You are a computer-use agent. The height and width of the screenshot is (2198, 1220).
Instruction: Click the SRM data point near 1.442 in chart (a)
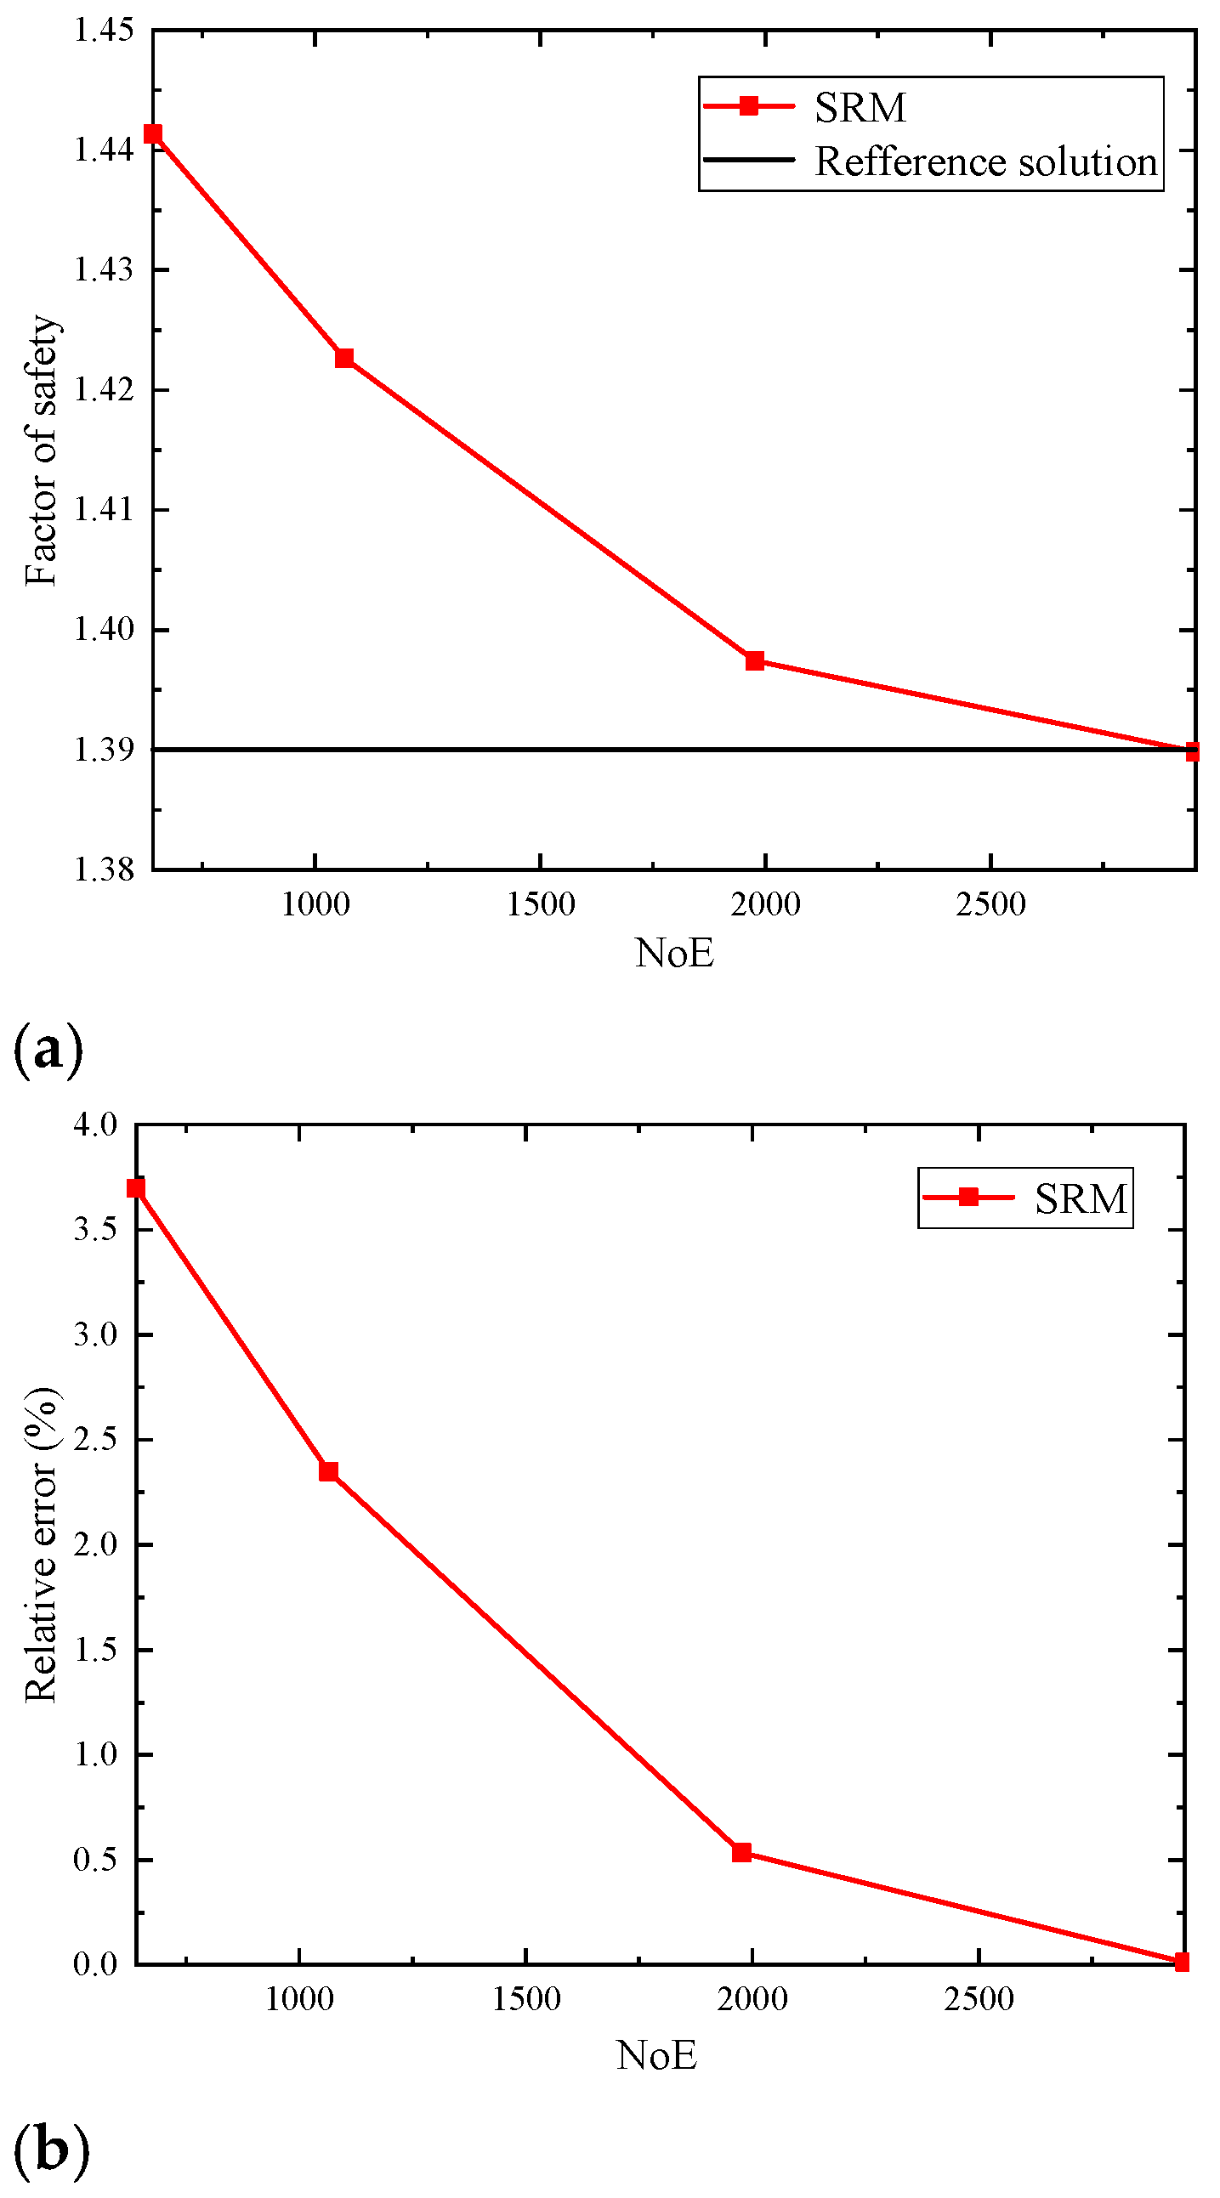[x=153, y=134]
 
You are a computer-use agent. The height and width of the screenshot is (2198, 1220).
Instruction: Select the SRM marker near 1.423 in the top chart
[x=344, y=358]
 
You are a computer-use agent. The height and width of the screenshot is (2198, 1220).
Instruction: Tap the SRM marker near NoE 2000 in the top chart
[x=755, y=660]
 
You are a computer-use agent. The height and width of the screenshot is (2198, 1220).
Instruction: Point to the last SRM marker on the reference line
[x=1192, y=751]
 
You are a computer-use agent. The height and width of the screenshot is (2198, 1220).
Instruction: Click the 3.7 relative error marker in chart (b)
[x=136, y=1188]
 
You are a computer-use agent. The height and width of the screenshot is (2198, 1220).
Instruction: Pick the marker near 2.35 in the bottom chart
[x=329, y=1472]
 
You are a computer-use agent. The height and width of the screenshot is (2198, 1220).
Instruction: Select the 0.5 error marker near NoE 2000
[x=742, y=1852]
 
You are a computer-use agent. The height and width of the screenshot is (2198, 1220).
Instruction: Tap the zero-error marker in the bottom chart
[x=1182, y=1963]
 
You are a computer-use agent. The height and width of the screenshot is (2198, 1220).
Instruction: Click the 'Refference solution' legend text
[x=985, y=161]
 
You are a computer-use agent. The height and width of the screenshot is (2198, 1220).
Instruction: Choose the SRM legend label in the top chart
[x=860, y=107]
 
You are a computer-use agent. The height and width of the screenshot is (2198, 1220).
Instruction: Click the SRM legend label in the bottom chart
[x=1080, y=1198]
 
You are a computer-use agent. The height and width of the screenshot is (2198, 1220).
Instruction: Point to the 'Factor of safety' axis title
[x=41, y=450]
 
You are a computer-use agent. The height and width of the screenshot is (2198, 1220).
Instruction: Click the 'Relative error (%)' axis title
[x=41, y=1545]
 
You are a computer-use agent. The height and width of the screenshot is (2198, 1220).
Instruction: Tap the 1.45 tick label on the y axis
[x=105, y=31]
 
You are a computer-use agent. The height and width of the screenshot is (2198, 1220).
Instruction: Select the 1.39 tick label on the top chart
[x=105, y=750]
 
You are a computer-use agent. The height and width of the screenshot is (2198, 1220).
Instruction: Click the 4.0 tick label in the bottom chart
[x=95, y=1124]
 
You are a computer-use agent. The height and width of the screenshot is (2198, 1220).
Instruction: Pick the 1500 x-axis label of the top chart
[x=541, y=904]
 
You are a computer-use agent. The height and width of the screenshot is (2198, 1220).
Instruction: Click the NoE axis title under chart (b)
[x=656, y=2055]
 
